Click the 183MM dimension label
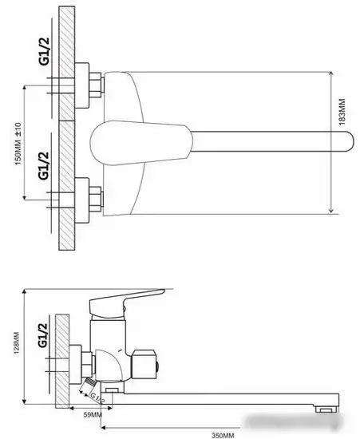tap(342, 112)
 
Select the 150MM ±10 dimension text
tap(18, 144)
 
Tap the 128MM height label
tap(17, 342)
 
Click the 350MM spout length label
tap(223, 435)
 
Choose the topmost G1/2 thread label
tap(44, 51)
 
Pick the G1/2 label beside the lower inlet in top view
tap(43, 165)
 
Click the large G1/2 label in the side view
tap(42, 335)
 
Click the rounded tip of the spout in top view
tap(350, 141)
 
